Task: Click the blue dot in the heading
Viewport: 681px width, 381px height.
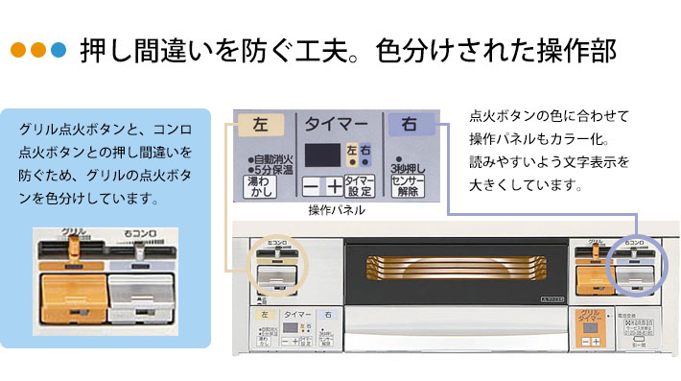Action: [x=59, y=50]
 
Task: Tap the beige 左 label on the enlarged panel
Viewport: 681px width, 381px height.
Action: [x=261, y=125]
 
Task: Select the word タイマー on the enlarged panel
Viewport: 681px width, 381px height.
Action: [x=335, y=125]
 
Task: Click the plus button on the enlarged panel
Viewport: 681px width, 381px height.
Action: [x=332, y=186]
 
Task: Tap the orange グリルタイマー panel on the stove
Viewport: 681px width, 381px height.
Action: [x=587, y=327]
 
